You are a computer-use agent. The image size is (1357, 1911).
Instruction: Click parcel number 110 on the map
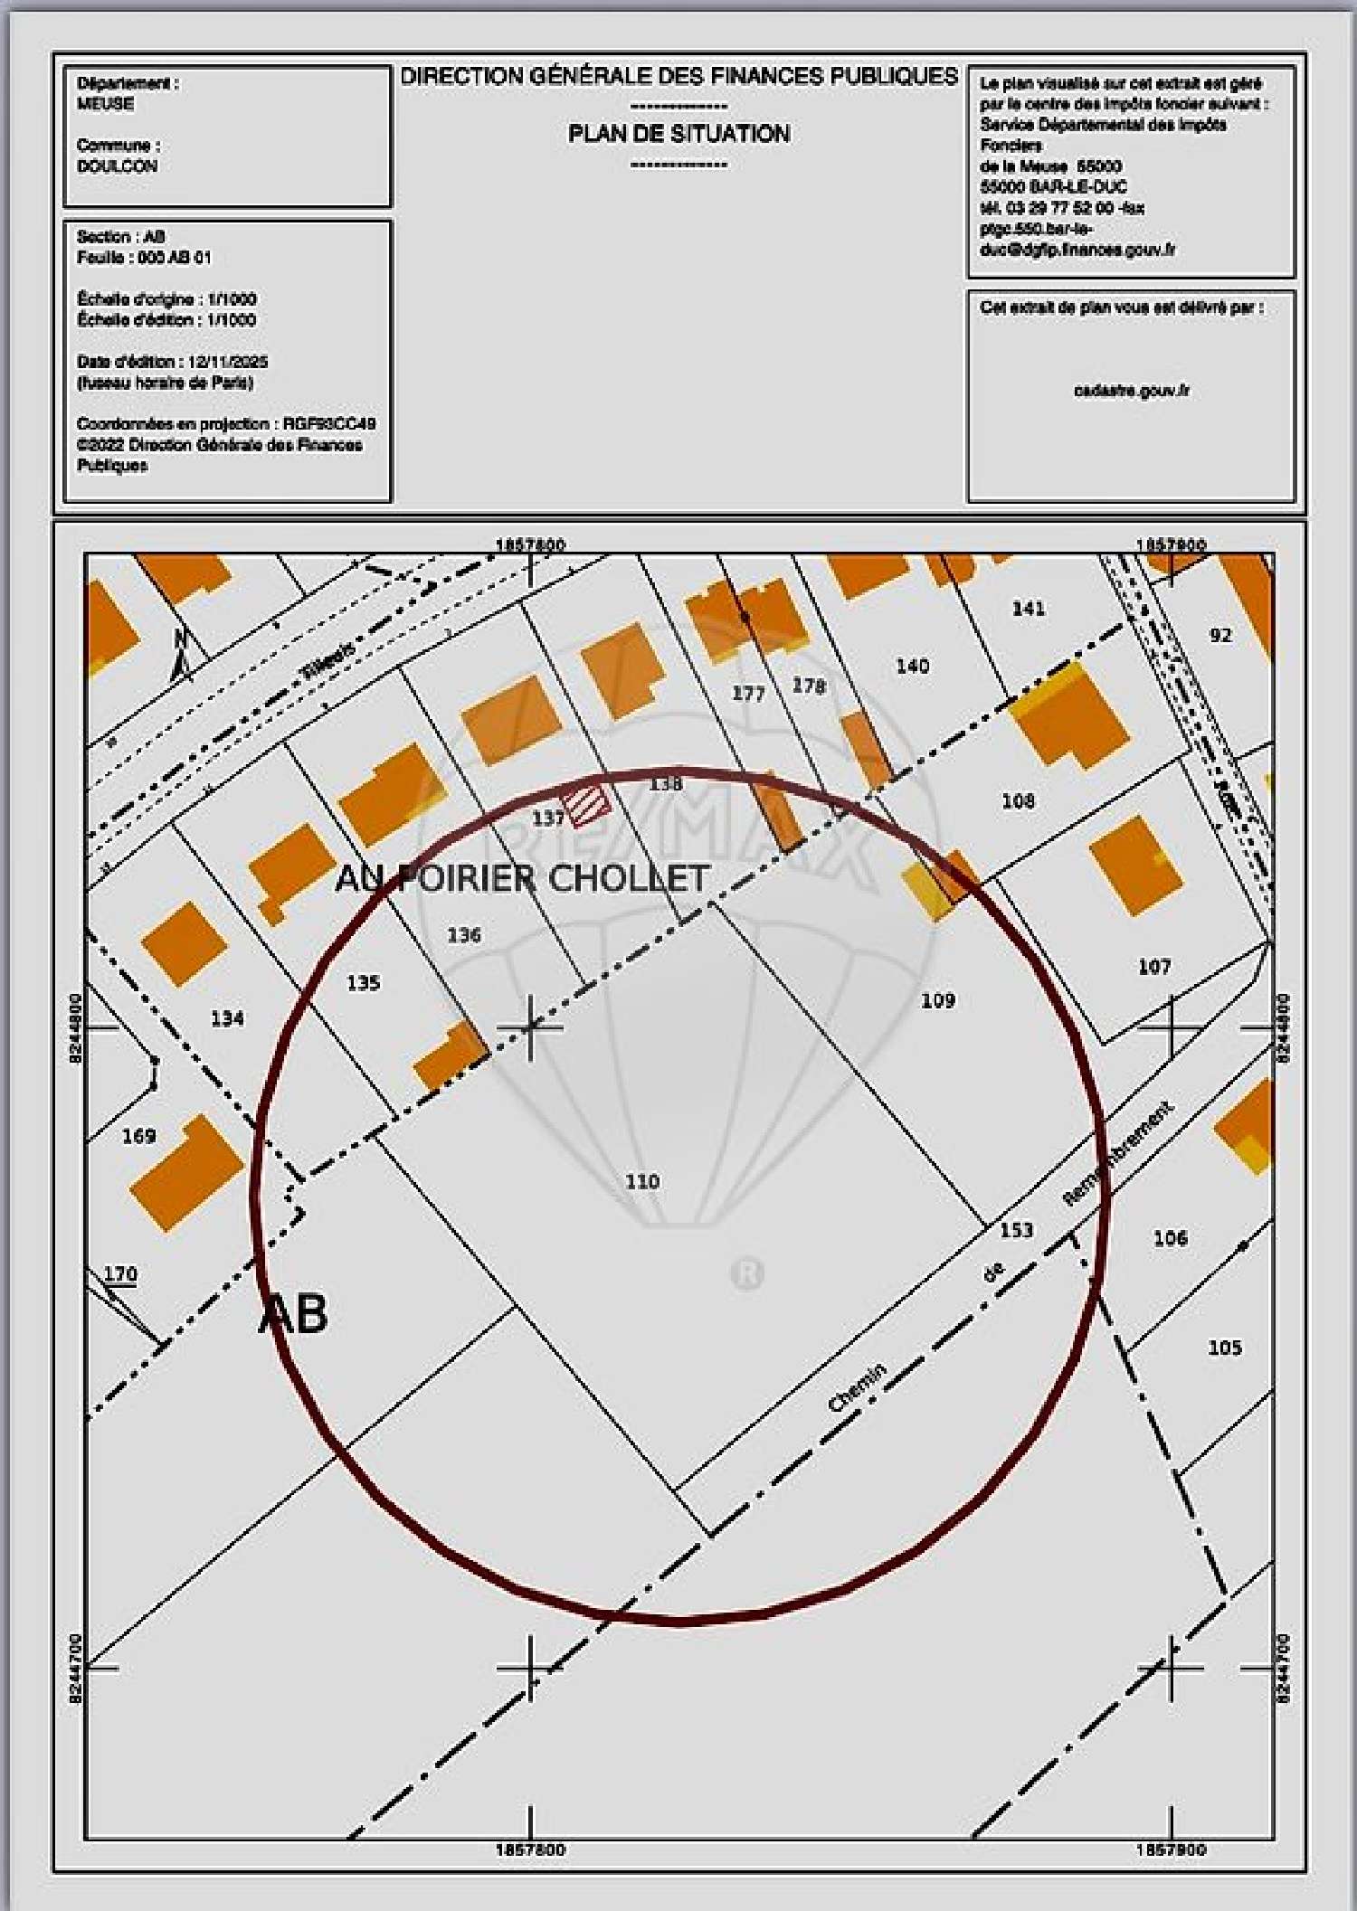pos(642,1181)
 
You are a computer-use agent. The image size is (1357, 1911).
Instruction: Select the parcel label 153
pos(1016,1230)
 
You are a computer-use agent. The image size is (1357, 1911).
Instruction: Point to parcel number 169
pos(138,1136)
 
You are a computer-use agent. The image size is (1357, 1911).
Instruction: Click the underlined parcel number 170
pos(119,1274)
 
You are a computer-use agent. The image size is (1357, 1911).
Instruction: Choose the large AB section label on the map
pos(293,1313)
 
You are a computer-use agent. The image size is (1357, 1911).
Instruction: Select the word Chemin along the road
pos(857,1388)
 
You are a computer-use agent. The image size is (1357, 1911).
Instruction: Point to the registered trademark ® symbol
pos(746,1273)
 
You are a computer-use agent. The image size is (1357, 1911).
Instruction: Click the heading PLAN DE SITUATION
pos(678,134)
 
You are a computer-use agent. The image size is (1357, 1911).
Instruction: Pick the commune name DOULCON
pos(118,166)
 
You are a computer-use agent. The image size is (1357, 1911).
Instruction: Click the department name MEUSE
pos(106,104)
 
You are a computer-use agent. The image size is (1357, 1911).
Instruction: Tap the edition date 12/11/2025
pos(228,362)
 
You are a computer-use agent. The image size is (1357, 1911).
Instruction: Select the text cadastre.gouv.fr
pos(1131,391)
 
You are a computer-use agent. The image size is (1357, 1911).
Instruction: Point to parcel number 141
pos(1029,609)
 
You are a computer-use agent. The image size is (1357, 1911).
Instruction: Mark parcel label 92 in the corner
pos(1220,635)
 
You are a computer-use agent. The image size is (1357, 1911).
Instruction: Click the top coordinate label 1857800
pos(531,544)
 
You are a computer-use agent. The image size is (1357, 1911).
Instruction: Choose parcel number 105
pos(1225,1348)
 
